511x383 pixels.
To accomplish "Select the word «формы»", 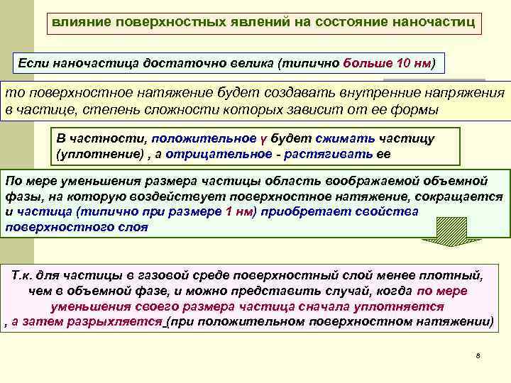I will pyautogui.click(x=414, y=110).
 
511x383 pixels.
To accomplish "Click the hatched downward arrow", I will pyautogui.click(x=441, y=231).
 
